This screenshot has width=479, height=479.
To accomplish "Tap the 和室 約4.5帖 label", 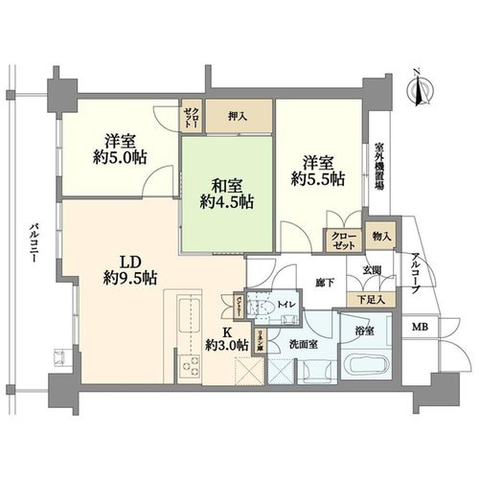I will [x=227, y=191].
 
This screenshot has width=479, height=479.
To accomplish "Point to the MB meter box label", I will [x=421, y=329].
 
